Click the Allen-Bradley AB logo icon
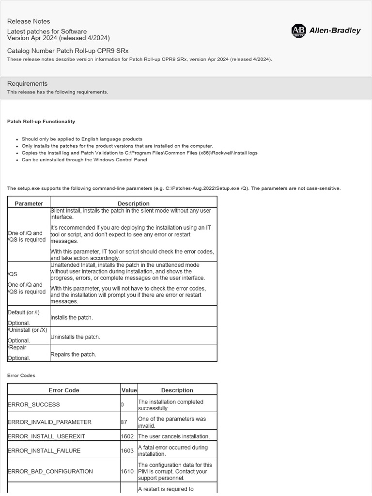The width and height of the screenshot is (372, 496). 298,31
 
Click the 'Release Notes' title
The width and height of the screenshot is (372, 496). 29,21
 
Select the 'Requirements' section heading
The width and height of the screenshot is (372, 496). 27,83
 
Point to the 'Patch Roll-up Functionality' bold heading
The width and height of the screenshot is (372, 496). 41,121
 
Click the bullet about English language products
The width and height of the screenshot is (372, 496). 82,139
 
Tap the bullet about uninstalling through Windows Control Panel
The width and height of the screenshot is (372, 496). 84,159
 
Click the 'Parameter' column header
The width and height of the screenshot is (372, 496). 29,203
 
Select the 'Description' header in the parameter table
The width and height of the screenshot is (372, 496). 134,203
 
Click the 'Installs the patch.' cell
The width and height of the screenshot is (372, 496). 72,318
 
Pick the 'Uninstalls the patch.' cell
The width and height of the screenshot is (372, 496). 75,337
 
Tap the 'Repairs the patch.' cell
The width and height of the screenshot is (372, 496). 73,355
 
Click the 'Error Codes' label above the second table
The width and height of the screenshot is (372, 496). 21,375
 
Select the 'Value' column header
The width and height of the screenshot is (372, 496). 129,390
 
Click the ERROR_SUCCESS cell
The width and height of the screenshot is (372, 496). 34,404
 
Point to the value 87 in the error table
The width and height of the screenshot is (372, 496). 124,422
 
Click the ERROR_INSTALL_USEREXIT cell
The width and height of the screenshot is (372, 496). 46,436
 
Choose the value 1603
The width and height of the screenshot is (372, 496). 127,450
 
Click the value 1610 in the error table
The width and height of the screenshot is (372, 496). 127,471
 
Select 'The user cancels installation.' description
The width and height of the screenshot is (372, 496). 174,436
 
